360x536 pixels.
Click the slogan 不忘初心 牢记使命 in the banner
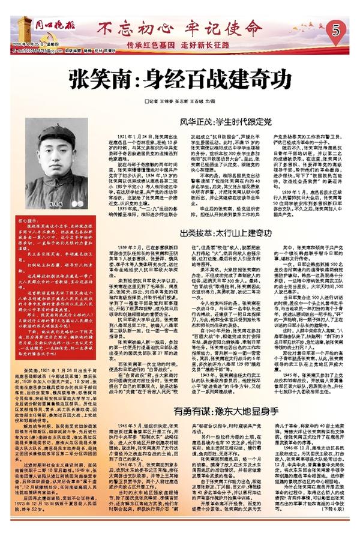tap(180, 28)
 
